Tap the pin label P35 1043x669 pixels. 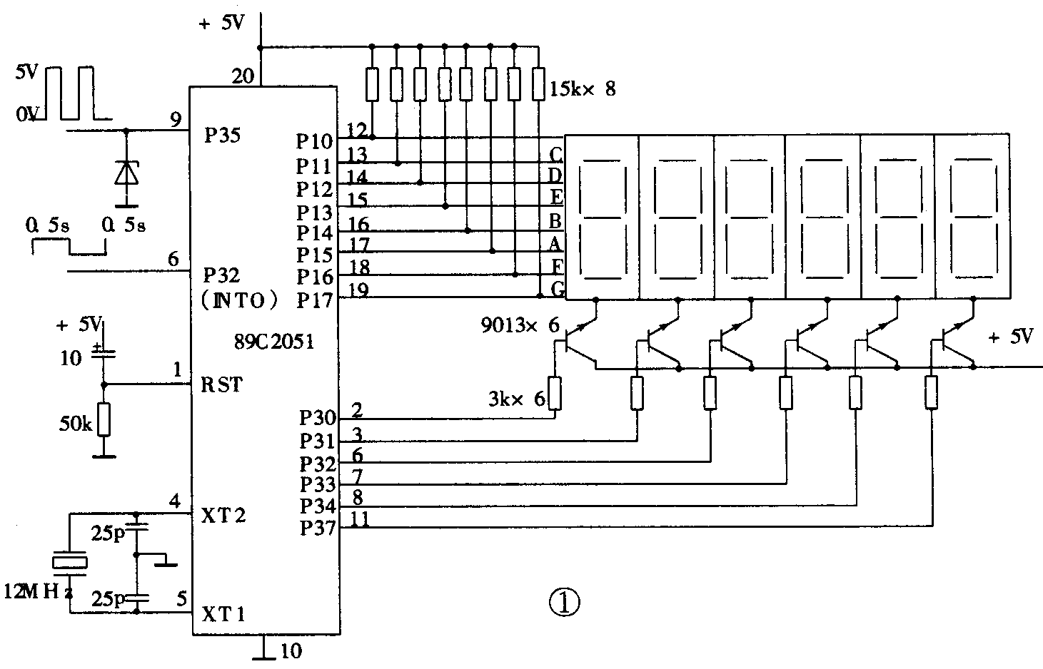(222, 136)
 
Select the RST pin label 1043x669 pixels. (221, 385)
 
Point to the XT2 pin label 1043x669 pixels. (223, 515)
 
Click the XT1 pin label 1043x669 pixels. (223, 614)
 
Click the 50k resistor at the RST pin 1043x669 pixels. (104, 419)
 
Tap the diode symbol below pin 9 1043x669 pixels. (126, 173)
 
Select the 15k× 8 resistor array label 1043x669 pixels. (583, 89)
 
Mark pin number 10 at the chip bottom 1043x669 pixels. (290, 650)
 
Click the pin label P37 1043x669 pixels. (317, 528)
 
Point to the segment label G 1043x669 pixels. (557, 289)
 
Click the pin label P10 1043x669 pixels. (315, 141)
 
